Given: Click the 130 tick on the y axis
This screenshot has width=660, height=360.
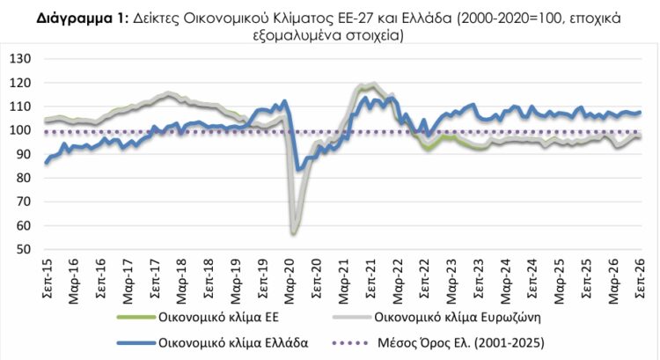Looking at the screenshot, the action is (x=20, y=58).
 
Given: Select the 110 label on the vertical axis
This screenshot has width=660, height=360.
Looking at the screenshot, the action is (x=20, y=107).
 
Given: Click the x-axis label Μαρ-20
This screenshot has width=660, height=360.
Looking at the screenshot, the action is (x=290, y=281).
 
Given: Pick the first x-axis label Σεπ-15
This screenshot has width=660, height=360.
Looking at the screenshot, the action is (x=47, y=279).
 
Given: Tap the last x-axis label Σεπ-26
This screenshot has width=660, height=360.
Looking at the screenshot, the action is (x=640, y=279).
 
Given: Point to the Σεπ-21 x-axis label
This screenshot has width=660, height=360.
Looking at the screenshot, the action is (x=370, y=279).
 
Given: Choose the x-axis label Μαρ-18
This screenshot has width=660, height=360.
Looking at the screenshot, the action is (x=181, y=281).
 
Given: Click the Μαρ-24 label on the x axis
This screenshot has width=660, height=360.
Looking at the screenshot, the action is (x=505, y=281).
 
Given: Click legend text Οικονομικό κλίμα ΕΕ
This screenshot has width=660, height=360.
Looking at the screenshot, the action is (x=218, y=317).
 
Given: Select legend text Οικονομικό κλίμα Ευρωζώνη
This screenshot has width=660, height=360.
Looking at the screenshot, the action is (x=458, y=317).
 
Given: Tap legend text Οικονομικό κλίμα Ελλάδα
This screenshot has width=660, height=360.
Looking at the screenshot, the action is (x=233, y=342).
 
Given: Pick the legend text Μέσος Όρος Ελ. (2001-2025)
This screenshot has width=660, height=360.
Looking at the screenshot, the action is (x=461, y=342).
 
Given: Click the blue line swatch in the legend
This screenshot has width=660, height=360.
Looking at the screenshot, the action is (x=136, y=343).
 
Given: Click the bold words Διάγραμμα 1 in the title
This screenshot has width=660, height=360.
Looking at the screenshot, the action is (x=80, y=18).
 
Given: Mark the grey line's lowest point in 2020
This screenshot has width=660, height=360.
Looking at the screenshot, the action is (x=293, y=233).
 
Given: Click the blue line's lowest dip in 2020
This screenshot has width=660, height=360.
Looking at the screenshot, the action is (x=298, y=169).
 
